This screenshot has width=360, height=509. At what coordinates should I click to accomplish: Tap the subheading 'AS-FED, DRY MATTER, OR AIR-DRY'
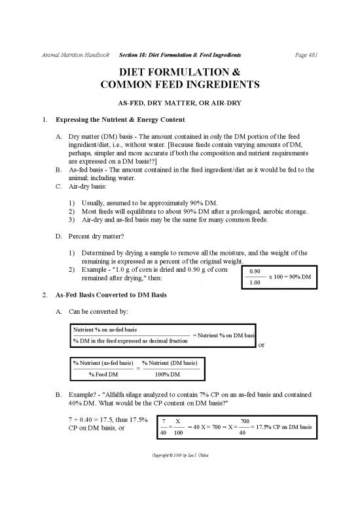tap(179, 104)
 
